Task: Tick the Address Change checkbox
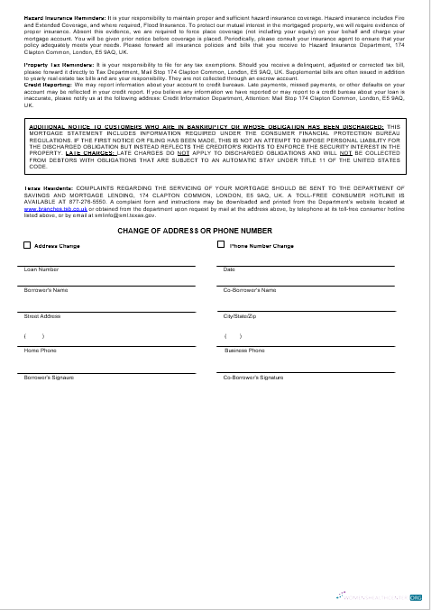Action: click(27, 245)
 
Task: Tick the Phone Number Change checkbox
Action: click(221, 245)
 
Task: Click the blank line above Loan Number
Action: click(109, 265)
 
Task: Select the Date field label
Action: click(229, 269)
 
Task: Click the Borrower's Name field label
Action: click(46, 290)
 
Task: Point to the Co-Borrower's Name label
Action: click(250, 290)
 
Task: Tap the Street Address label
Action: click(42, 316)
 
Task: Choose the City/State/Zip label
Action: click(241, 316)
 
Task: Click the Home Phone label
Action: click(40, 350)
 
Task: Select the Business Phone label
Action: click(244, 350)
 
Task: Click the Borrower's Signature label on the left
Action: click(50, 377)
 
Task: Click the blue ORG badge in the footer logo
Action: click(416, 596)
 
